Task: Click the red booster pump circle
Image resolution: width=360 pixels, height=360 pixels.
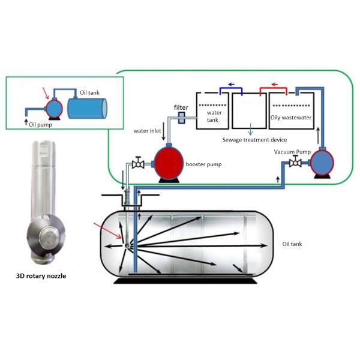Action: click(169, 161)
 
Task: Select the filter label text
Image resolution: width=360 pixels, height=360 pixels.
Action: click(181, 107)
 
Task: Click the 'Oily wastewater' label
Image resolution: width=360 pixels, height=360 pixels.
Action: click(292, 118)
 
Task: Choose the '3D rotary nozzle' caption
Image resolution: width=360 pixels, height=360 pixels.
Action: click(40, 277)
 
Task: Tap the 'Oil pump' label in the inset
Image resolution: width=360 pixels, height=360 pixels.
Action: click(40, 124)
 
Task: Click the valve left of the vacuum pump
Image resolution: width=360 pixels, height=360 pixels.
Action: click(295, 164)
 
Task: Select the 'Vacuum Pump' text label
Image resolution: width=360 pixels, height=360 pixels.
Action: click(293, 152)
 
